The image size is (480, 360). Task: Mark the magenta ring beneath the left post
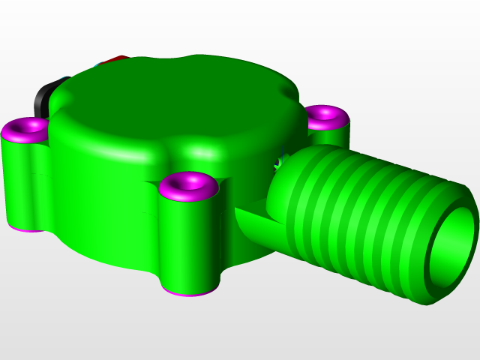tap(26, 226)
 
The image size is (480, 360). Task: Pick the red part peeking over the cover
tap(116, 58)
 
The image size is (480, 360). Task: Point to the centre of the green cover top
tap(176, 97)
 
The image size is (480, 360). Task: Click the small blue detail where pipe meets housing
tap(280, 160)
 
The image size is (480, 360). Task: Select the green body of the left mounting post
tap(22, 180)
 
